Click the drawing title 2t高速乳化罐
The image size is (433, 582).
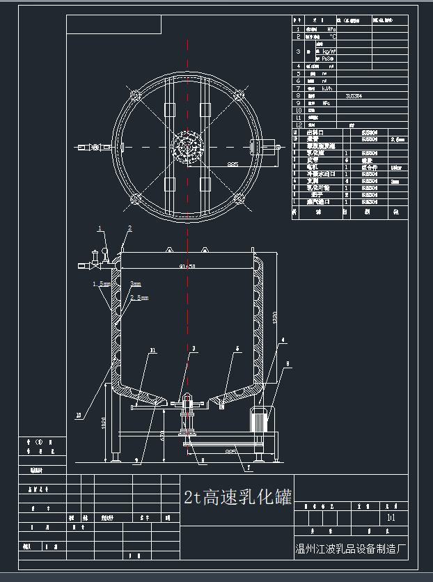(237, 497)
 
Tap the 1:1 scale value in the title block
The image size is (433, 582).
(390, 519)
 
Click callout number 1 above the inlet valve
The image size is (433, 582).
(100, 228)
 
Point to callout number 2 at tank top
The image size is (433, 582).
(129, 228)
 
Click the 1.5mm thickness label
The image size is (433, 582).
(102, 285)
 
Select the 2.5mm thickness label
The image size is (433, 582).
(139, 298)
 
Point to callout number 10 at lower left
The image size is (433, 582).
(79, 415)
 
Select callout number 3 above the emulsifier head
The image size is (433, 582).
(194, 348)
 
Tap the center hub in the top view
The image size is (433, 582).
(187, 148)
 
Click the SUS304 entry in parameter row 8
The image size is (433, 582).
(354, 96)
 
